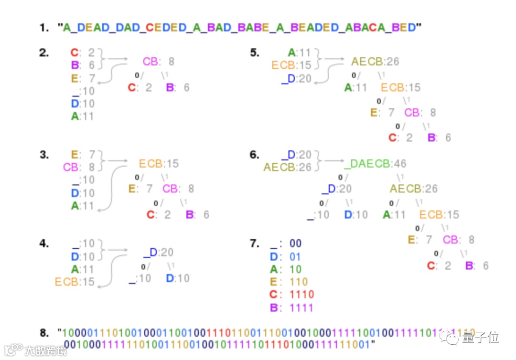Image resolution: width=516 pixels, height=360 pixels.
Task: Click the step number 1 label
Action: (44, 28)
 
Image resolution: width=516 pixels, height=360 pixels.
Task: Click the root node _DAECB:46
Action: (375, 164)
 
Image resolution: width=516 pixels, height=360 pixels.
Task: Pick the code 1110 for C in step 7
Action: (301, 295)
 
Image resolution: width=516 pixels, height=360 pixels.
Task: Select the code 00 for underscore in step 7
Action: (295, 244)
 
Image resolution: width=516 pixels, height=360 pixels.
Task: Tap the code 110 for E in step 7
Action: (299, 282)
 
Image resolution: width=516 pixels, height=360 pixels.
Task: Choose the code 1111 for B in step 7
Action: (301, 307)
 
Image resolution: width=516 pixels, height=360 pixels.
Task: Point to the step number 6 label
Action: (255, 155)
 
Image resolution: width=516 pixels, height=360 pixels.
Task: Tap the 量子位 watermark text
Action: (480, 338)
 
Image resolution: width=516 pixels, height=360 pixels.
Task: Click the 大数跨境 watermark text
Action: (46, 351)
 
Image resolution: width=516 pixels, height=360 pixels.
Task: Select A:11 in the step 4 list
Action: (83, 269)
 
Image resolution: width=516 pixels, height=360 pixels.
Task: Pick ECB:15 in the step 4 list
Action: (75, 282)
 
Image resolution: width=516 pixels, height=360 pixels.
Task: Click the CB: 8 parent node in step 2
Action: (159, 62)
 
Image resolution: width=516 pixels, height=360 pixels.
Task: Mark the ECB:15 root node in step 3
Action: (159, 164)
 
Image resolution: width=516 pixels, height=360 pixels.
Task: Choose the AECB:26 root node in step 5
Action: (375, 62)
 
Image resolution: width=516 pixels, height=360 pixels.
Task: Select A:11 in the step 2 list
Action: (83, 116)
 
